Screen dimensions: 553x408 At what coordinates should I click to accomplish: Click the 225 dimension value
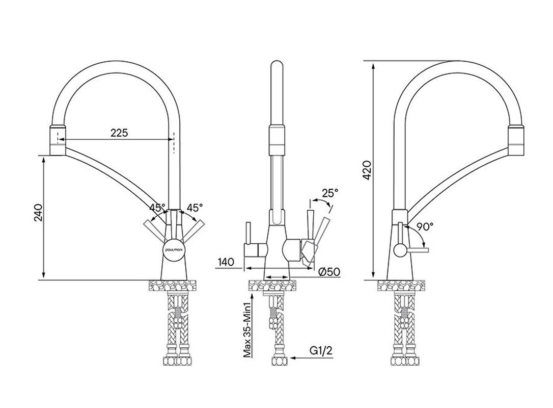coord(119,133)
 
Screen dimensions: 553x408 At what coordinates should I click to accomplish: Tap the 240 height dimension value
coord(38,212)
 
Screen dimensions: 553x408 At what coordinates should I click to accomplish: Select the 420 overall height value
coord(367,170)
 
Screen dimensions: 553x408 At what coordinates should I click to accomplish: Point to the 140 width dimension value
coord(226,262)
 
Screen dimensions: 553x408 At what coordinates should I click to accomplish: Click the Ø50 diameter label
coord(329,272)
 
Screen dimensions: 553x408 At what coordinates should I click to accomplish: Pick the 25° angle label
coord(330,192)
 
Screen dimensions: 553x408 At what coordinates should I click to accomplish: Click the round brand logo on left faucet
coord(173,250)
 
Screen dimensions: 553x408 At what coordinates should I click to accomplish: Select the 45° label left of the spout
coord(157,207)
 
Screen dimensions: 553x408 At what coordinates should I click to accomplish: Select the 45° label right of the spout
coord(195,207)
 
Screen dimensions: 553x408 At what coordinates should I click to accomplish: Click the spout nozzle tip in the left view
coord(58,140)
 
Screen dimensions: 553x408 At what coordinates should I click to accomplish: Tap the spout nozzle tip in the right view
coord(515,140)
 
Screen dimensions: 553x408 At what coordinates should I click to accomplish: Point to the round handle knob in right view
coord(400,250)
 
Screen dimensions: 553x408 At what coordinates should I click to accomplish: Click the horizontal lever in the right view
coord(418,250)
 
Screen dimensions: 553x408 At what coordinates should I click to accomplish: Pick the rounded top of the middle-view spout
coord(277,66)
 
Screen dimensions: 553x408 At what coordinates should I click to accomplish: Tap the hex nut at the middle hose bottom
coord(280,361)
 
